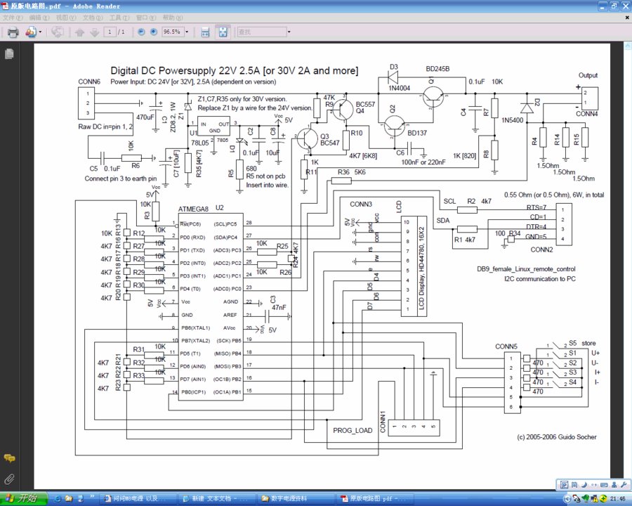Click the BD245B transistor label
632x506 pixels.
pyautogui.click(x=437, y=70)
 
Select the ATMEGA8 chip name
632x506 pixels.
pyautogui.click(x=193, y=209)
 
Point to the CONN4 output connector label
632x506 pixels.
pyautogui.click(x=587, y=114)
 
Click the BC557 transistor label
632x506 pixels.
pyautogui.click(x=365, y=103)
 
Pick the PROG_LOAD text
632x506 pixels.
pyautogui.click(x=353, y=431)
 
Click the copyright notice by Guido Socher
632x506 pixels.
pyautogui.click(x=556, y=436)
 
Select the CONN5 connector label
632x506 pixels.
pyautogui.click(x=506, y=346)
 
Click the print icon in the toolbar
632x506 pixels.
pyautogui.click(x=13, y=32)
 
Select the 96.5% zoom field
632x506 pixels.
pyautogui.click(x=171, y=32)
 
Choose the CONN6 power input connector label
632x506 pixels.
pyautogui.click(x=88, y=82)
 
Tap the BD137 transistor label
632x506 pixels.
pyautogui.click(x=417, y=133)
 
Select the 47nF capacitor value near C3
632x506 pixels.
pyautogui.click(x=278, y=307)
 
